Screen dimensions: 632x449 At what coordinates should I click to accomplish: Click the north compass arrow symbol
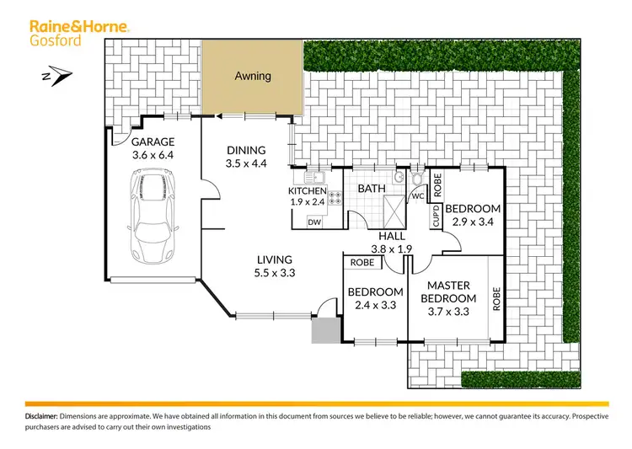point(50,77)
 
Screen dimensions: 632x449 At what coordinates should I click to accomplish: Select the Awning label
point(252,76)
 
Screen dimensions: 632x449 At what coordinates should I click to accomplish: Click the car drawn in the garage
point(151,216)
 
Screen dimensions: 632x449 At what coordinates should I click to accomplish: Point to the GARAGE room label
point(152,143)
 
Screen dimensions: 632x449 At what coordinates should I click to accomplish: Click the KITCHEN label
point(307,191)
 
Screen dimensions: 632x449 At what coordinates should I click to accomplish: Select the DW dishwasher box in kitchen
point(314,222)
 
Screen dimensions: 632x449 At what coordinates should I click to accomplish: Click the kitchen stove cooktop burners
point(335,198)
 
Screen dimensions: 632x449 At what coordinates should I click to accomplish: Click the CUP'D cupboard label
point(437,215)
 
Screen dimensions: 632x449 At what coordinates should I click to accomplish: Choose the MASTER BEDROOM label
point(451,292)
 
